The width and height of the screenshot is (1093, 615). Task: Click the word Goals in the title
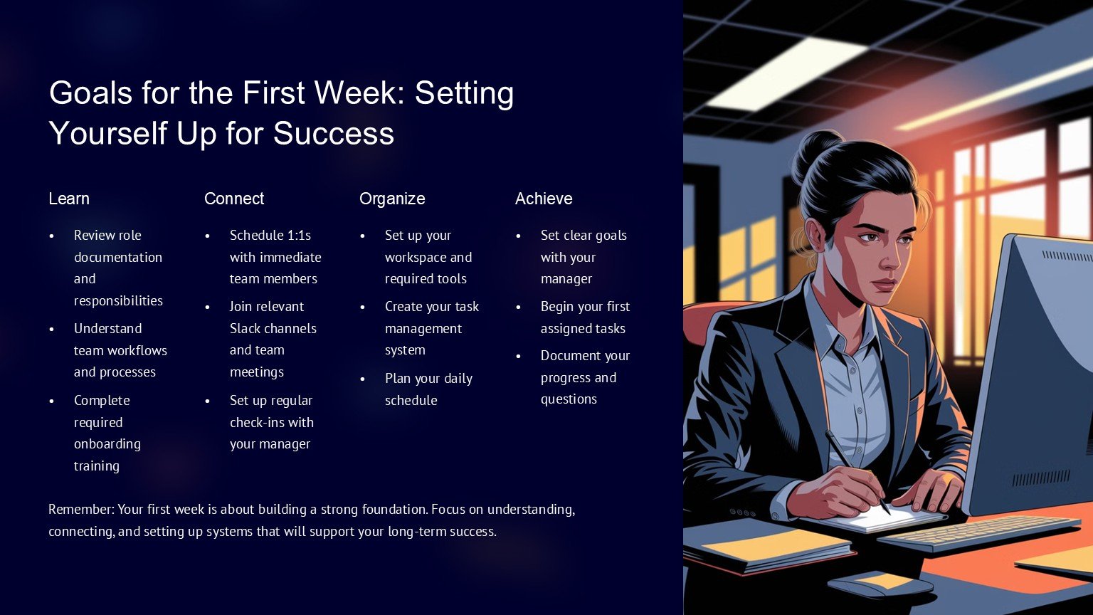point(91,93)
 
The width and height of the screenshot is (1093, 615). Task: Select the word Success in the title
point(334,133)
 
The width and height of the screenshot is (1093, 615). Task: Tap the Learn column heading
point(69,199)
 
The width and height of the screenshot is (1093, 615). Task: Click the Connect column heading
point(234,199)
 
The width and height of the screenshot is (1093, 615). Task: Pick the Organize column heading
point(392,199)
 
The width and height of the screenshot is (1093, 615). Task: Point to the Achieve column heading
point(544,199)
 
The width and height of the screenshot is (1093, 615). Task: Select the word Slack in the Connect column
point(246,328)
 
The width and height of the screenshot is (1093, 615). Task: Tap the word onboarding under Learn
point(107,445)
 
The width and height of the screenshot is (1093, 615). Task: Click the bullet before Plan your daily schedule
point(362,379)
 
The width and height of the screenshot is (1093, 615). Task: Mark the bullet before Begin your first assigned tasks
point(518,307)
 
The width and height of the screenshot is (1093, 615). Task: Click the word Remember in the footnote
point(80,510)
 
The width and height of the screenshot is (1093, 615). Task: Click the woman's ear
point(814,233)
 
